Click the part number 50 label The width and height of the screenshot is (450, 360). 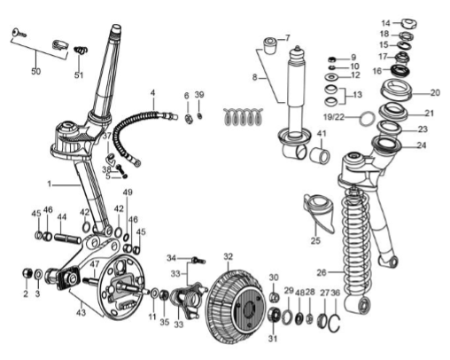[x=35, y=71]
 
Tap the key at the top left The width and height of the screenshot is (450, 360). [x=19, y=33]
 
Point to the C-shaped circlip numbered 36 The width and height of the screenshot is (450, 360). [x=335, y=324]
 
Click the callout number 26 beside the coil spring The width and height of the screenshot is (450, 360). [x=322, y=272]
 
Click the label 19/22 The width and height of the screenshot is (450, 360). [x=334, y=117]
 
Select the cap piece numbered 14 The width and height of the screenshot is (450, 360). [x=408, y=24]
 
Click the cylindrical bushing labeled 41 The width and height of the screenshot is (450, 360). [x=320, y=155]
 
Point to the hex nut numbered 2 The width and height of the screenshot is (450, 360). [x=27, y=273]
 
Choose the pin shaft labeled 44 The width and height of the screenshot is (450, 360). [x=67, y=238]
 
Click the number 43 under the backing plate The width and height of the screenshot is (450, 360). [x=81, y=312]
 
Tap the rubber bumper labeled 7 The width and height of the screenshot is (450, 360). [x=269, y=45]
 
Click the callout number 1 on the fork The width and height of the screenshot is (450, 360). [x=50, y=184]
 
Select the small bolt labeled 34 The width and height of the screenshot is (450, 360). [x=198, y=260]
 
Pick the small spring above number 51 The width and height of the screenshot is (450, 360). [x=80, y=50]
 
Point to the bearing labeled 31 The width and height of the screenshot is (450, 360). [x=274, y=315]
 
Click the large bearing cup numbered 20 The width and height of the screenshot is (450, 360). [x=395, y=89]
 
